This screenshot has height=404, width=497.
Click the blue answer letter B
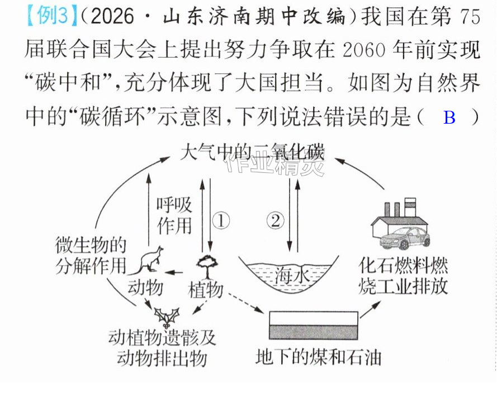pos(449,118)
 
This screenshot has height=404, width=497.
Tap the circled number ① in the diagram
pos(221,220)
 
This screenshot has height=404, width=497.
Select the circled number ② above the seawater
pos(275,220)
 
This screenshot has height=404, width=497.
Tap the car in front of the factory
pos(405,238)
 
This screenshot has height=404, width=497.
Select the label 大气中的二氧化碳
pos(252,152)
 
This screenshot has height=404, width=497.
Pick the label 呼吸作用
pos(174,216)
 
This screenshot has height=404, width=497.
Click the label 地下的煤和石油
pos(318,357)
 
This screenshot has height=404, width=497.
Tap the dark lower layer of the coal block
pos(314,332)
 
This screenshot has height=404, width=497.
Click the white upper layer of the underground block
pos(314,318)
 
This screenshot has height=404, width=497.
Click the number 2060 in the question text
pos(364,50)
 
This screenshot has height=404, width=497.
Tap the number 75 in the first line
pos(470,16)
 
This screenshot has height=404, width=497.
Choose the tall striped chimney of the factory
pos(410,208)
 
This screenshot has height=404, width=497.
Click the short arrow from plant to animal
pos(174,273)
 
